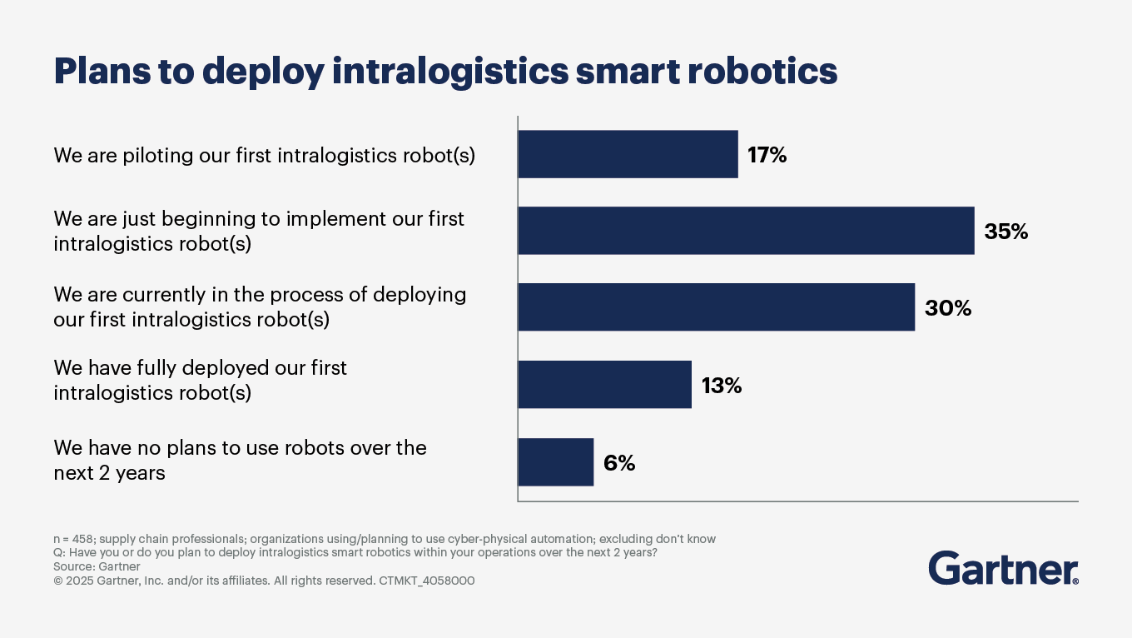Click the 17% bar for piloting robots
coord(628,154)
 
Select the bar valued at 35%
coord(746,231)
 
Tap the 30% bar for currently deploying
coord(716,307)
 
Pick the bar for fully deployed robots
coord(604,384)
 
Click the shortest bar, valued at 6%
coord(555,461)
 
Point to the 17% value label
coord(767,155)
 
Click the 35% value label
coord(1006,232)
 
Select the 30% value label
coord(948,308)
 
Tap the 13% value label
coord(721,385)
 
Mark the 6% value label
coord(619,462)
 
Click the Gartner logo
coord(1003,568)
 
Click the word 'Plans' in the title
coord(100,72)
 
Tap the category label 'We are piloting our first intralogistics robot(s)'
coord(265,155)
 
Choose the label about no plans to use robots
coord(240,460)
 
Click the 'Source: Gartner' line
coord(97,566)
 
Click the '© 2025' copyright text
coord(73,581)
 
